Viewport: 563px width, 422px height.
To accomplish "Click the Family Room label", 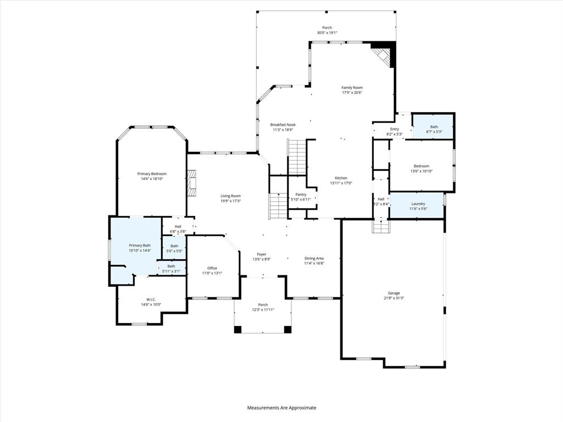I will pyautogui.click(x=352, y=87).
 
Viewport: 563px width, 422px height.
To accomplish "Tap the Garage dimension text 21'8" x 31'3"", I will pyautogui.click(x=394, y=298).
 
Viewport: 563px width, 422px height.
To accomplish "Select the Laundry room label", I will pyautogui.click(x=418, y=204).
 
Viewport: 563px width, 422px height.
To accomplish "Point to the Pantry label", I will pyautogui.click(x=301, y=194).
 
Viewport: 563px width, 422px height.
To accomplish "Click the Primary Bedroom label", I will pyautogui.click(x=151, y=174).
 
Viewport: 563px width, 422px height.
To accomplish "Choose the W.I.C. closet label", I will pyautogui.click(x=151, y=299).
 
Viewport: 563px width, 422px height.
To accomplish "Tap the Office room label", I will pyautogui.click(x=212, y=268).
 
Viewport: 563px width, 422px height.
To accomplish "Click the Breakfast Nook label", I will pyautogui.click(x=283, y=125).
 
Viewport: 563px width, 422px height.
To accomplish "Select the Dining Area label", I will pyautogui.click(x=314, y=258).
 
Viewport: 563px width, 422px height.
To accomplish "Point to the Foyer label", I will pyautogui.click(x=262, y=254).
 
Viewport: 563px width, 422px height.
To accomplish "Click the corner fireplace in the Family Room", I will pyautogui.click(x=383, y=55).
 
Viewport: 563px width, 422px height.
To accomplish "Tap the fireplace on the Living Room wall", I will pyautogui.click(x=191, y=183).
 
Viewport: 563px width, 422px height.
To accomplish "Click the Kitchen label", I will pyautogui.click(x=341, y=178).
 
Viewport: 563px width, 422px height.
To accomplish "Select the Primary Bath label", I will pyautogui.click(x=140, y=245).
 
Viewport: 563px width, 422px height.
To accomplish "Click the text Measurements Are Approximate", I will pyautogui.click(x=281, y=408).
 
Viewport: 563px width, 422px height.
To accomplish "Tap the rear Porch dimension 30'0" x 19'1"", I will pyautogui.click(x=327, y=33).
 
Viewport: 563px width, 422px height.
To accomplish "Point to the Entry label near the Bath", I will pyautogui.click(x=394, y=129).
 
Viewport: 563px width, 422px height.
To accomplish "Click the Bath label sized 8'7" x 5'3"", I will pyautogui.click(x=434, y=127).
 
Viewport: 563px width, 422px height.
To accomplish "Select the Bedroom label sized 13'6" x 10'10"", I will pyautogui.click(x=421, y=166).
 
